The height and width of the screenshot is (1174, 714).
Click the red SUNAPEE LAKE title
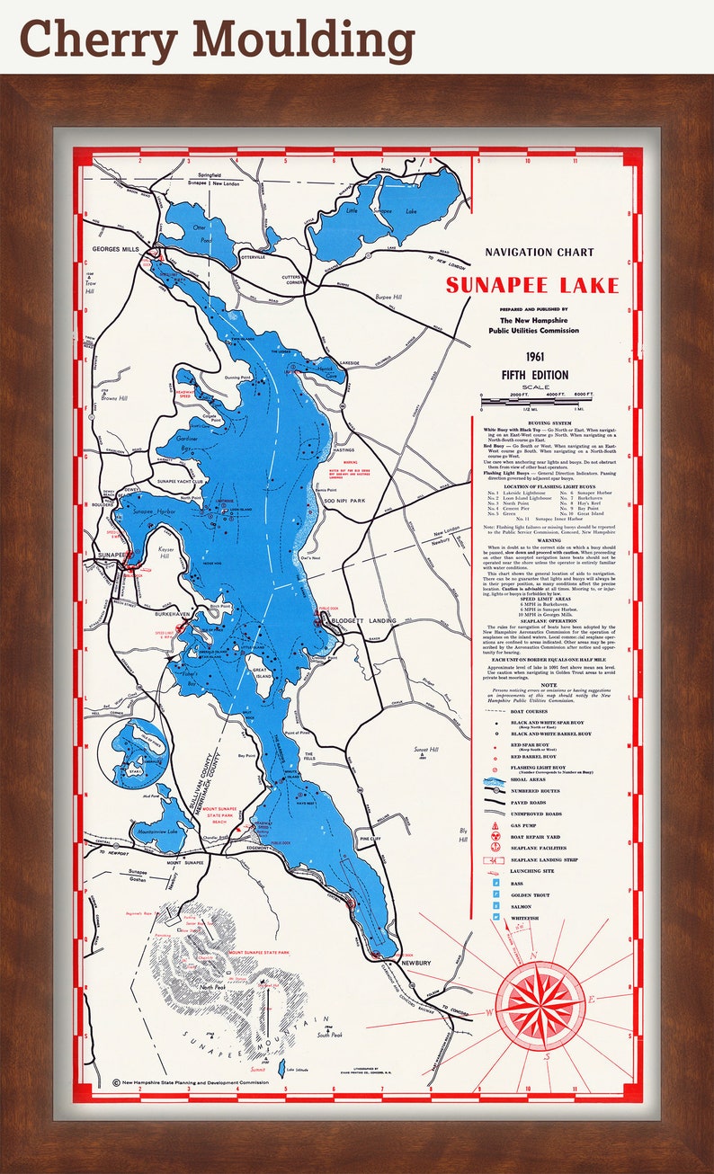click(532, 286)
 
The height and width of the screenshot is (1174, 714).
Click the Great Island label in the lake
click(262, 673)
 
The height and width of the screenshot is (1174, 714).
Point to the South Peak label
click(329, 1035)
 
